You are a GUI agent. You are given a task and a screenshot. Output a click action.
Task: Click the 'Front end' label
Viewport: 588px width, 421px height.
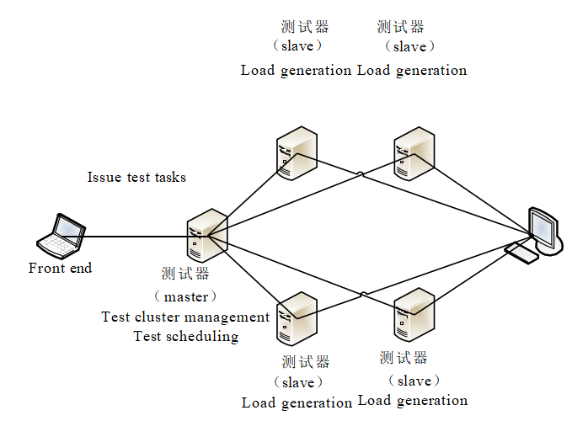point(60,269)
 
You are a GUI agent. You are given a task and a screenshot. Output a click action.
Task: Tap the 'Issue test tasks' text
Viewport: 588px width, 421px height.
point(136,178)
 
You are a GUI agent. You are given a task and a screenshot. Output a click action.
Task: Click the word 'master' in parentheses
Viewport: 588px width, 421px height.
point(185,297)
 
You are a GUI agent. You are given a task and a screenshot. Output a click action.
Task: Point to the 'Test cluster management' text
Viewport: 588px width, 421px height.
point(185,317)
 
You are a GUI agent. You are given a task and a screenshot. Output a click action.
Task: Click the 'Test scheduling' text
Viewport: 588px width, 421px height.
point(185,337)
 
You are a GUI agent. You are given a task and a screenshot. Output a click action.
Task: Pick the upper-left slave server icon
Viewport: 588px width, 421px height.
point(296,152)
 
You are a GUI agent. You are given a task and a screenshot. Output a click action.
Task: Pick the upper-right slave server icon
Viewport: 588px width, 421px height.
point(414,152)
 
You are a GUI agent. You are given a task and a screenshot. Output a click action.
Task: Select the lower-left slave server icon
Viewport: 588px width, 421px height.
point(296,317)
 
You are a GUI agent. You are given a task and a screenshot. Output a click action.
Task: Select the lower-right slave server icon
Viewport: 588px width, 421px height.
point(414,314)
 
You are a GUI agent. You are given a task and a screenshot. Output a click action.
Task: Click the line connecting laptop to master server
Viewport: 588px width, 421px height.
point(135,237)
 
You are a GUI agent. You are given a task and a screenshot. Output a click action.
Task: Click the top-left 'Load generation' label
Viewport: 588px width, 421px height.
point(296,71)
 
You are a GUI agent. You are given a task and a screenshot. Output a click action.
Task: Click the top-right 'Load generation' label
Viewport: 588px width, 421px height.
point(412,71)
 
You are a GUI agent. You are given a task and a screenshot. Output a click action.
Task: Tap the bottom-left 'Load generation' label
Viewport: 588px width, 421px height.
point(297,403)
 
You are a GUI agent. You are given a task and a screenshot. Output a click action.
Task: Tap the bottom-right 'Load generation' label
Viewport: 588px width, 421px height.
point(413,401)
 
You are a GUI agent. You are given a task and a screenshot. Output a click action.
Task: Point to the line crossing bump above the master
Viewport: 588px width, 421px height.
point(361,175)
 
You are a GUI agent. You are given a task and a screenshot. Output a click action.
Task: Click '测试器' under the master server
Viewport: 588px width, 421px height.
point(185,274)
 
